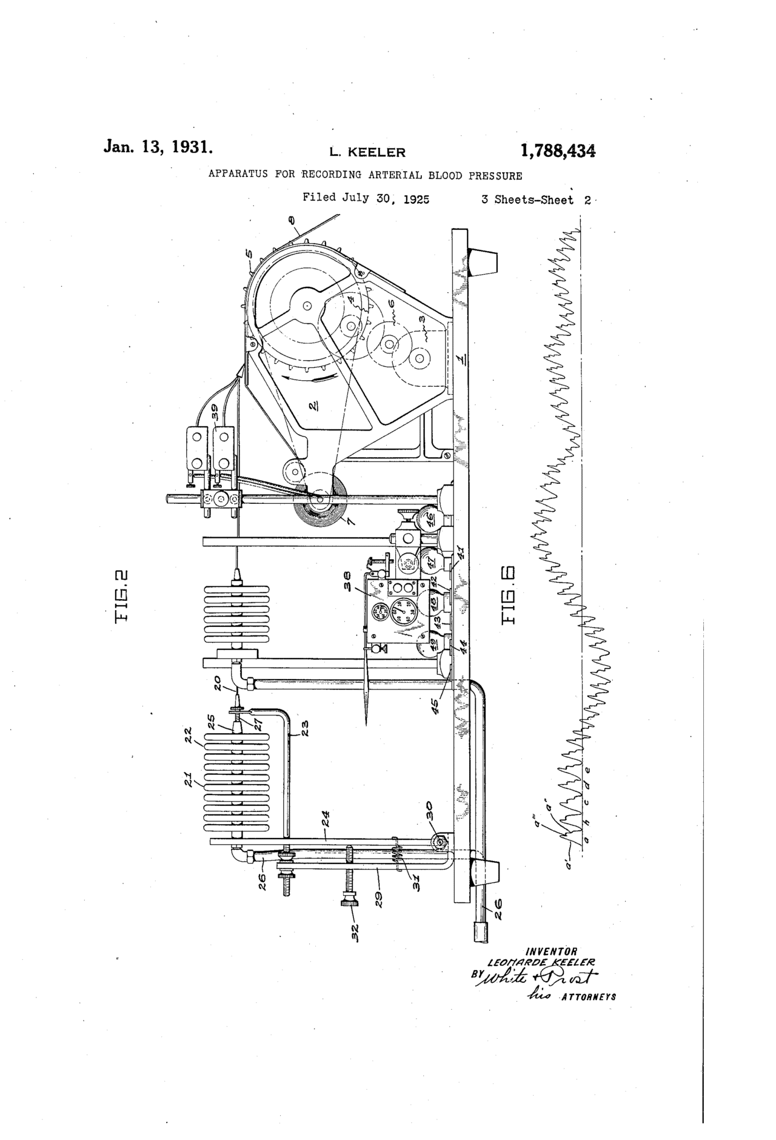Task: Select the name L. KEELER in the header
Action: (x=367, y=152)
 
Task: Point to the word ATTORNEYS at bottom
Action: (x=589, y=996)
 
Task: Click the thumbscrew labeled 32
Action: (x=350, y=903)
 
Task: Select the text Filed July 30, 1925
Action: (x=366, y=198)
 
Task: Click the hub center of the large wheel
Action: (x=307, y=306)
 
